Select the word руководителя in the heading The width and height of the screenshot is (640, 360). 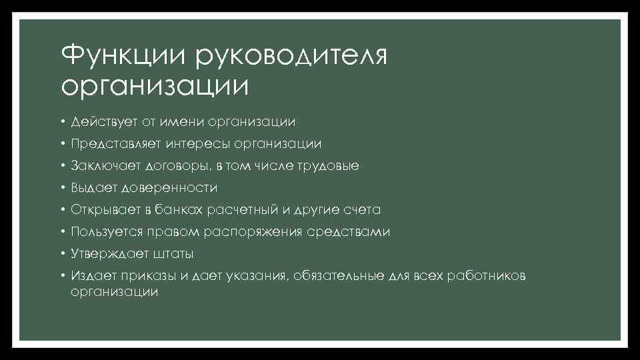click(x=291, y=56)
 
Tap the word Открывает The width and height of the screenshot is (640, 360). click(x=105, y=209)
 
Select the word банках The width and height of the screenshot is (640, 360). click(x=179, y=209)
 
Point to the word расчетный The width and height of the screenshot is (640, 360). click(x=242, y=209)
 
